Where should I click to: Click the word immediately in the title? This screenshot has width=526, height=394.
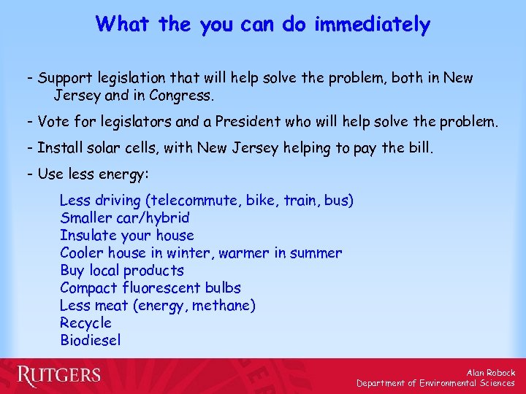tap(372, 25)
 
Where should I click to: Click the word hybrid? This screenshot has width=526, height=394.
tap(168, 217)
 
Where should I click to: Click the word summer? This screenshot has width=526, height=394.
tap(316, 252)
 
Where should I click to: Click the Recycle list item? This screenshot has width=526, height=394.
tap(85, 323)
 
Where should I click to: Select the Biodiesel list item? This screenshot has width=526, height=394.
tap(91, 341)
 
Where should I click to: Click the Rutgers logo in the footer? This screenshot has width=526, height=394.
tap(59, 376)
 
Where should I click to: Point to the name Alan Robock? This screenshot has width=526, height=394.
tap(491, 373)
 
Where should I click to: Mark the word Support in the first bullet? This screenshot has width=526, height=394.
tap(62, 78)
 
